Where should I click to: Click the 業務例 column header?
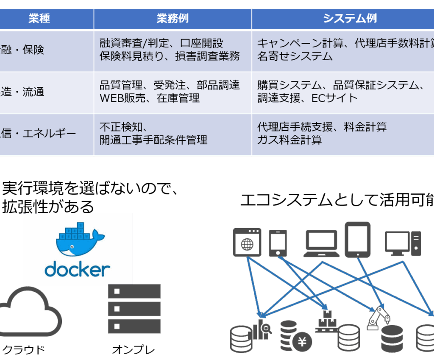[172, 19]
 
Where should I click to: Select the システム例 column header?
[350, 19]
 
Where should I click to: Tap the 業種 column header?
[39, 19]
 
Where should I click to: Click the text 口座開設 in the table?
[201, 43]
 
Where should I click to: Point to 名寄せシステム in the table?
[295, 56]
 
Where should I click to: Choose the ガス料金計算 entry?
[289, 140]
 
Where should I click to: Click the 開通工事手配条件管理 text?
[153, 140]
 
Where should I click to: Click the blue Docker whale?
[77, 242]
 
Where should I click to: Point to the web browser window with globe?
[247, 242]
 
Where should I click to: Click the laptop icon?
[322, 245]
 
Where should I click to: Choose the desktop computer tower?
[416, 243]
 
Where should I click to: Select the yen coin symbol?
[302, 341]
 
